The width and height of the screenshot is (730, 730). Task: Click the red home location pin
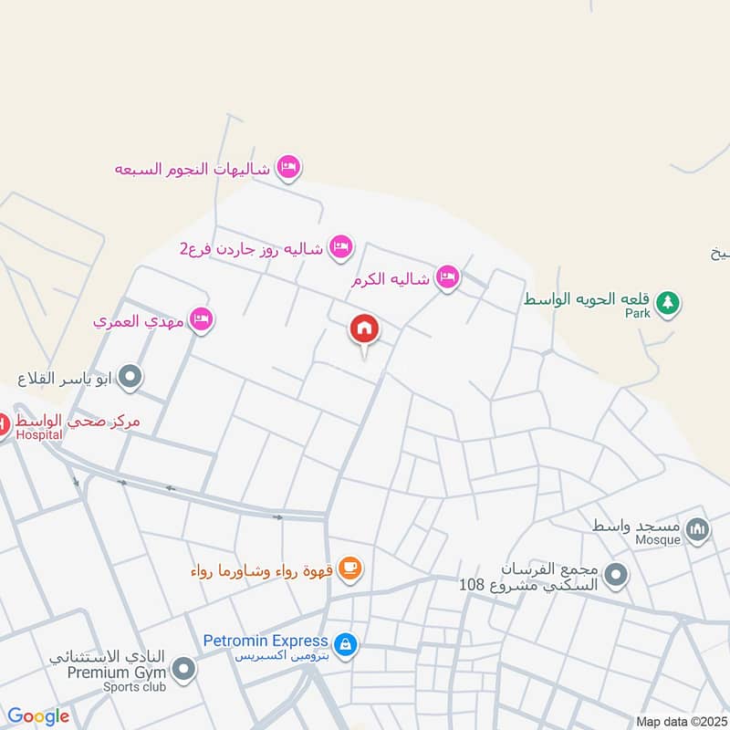(x=364, y=329)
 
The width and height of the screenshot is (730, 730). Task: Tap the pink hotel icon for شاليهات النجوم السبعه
(x=289, y=167)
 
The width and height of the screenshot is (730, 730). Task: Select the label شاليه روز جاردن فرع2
(x=251, y=247)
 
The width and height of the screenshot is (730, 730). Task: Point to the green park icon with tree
(x=668, y=301)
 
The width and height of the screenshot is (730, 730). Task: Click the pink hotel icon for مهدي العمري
(x=203, y=319)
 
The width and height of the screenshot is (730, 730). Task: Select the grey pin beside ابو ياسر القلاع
(x=130, y=376)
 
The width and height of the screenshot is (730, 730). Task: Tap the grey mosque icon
(x=698, y=529)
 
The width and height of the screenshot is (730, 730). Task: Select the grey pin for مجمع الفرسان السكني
(x=617, y=575)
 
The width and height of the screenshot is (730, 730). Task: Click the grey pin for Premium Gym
(x=184, y=671)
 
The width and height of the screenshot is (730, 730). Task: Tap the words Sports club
(x=133, y=687)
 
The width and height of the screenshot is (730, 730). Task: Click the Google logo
(x=38, y=717)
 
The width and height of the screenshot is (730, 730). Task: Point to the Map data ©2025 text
(x=680, y=722)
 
